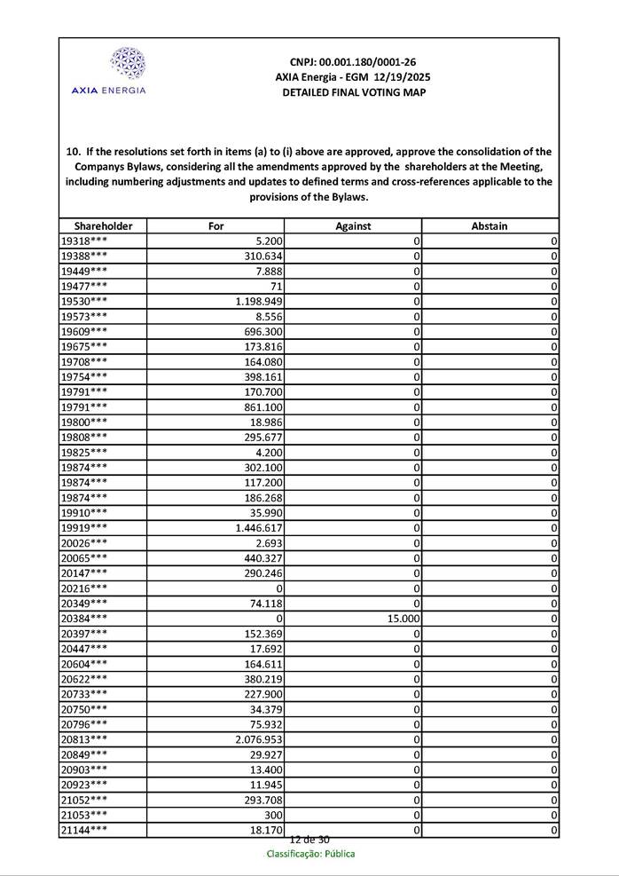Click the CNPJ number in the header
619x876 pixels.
point(353,62)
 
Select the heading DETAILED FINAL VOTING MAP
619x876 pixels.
point(353,92)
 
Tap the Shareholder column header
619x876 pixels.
point(103,226)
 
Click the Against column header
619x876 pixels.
point(353,226)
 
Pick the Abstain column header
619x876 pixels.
point(490,226)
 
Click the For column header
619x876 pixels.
point(215,226)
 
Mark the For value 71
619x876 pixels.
point(276,287)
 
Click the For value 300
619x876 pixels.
point(273,814)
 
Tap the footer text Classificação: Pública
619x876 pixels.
point(310,854)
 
